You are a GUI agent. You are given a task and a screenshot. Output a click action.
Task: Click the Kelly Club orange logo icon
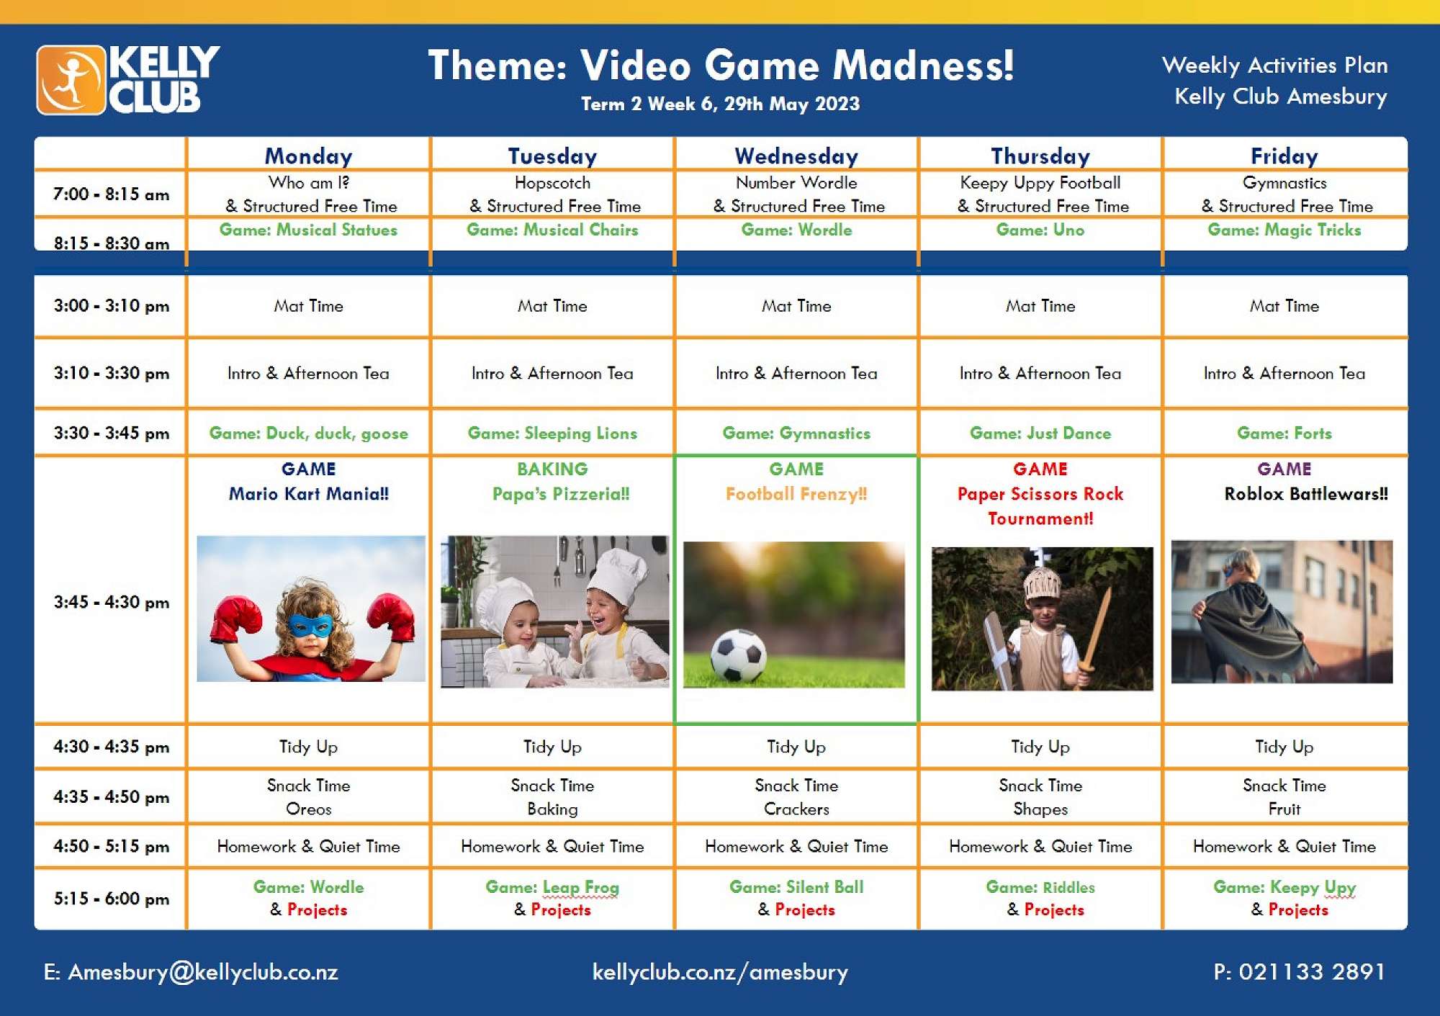[71, 80]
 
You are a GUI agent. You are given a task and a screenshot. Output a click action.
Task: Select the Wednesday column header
[796, 156]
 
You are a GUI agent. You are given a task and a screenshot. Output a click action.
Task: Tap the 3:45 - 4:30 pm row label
[112, 602]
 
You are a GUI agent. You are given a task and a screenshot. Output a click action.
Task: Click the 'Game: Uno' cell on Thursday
[1040, 230]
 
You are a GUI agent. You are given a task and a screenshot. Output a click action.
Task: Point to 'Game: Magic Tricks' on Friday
[1284, 230]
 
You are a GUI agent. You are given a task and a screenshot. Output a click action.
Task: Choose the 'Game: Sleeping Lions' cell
[552, 433]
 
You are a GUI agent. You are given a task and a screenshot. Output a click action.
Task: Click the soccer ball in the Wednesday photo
[738, 655]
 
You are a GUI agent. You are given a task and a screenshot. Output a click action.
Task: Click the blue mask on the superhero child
[310, 625]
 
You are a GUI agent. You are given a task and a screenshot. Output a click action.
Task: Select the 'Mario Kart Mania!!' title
[309, 494]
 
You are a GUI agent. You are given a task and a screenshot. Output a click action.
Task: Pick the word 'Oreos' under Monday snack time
[309, 809]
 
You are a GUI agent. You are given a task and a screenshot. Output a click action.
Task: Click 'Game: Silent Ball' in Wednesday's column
[796, 887]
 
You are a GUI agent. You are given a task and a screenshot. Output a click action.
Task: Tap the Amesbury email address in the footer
[191, 972]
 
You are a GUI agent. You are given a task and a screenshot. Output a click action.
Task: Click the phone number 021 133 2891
[1300, 972]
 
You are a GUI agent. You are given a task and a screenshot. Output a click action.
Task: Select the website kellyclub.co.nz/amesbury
[720, 972]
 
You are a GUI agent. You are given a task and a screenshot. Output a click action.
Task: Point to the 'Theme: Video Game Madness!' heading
[721, 66]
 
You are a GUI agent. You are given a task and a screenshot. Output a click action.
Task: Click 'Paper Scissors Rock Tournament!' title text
[1040, 506]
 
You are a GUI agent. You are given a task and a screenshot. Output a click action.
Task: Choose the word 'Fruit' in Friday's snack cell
[1284, 809]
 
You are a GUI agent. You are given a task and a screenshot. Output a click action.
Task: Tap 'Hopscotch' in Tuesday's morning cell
[552, 183]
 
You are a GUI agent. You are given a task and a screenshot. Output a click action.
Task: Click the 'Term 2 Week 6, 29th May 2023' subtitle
[721, 104]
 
